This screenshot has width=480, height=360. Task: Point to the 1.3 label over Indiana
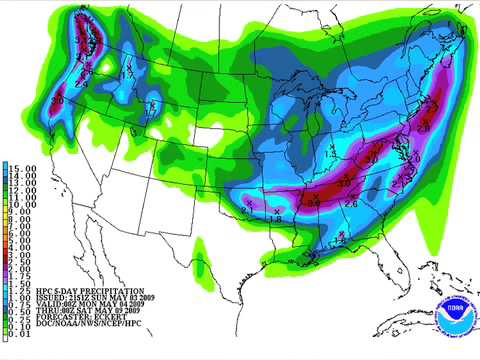click(330, 154)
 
